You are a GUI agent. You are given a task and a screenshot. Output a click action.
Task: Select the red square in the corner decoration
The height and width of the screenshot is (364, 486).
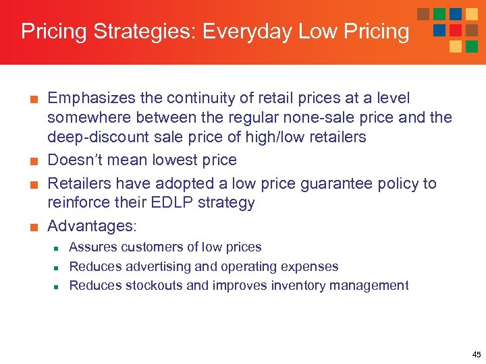click(456, 30)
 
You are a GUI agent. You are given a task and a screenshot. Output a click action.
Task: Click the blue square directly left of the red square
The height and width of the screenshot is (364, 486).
click(439, 30)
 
